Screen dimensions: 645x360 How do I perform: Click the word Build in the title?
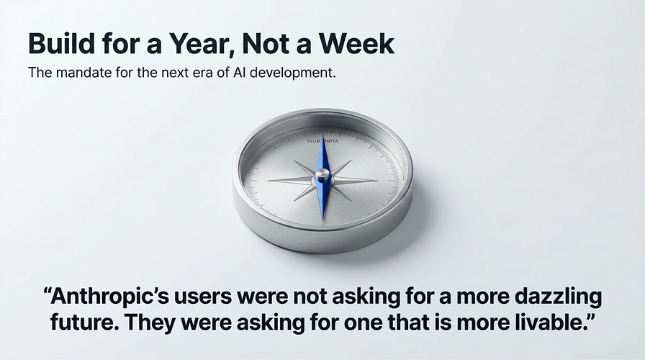[62, 43]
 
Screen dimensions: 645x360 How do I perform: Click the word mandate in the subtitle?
[84, 73]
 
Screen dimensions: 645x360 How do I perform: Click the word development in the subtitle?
[292, 73]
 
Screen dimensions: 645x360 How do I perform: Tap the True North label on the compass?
[323, 141]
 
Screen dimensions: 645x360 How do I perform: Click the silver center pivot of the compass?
[322, 175]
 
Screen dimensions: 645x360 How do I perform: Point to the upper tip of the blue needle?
[323, 132]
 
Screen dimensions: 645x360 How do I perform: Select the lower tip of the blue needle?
[323, 220]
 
